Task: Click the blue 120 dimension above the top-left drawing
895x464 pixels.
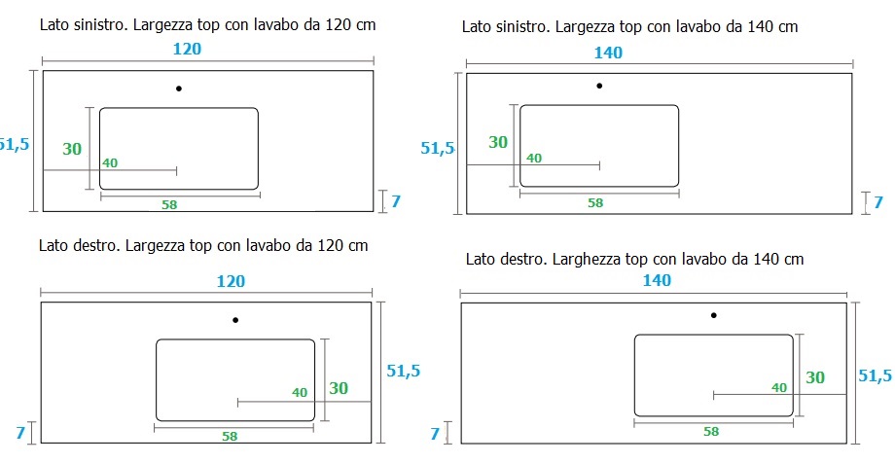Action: point(187,49)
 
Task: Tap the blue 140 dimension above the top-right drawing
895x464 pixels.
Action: point(608,54)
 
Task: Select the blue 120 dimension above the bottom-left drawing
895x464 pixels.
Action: point(231,281)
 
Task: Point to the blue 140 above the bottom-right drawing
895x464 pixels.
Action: point(657,280)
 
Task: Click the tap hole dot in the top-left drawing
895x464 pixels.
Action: point(179,89)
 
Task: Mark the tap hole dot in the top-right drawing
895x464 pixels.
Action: point(599,86)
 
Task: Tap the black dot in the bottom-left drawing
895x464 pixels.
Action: point(235,320)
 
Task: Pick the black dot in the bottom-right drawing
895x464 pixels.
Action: point(713,315)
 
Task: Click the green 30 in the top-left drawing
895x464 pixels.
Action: point(72,149)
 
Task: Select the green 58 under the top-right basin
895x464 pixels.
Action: point(595,202)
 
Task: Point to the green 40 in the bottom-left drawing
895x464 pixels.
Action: point(300,393)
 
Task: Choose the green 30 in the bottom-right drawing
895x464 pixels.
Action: point(815,377)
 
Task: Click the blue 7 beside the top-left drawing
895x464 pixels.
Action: point(396,201)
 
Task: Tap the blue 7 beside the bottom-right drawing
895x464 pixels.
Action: point(435,434)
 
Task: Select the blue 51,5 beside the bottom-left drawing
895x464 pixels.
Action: point(404,371)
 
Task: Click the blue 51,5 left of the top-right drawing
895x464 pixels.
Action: point(437,149)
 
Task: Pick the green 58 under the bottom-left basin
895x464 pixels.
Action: point(230,437)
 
